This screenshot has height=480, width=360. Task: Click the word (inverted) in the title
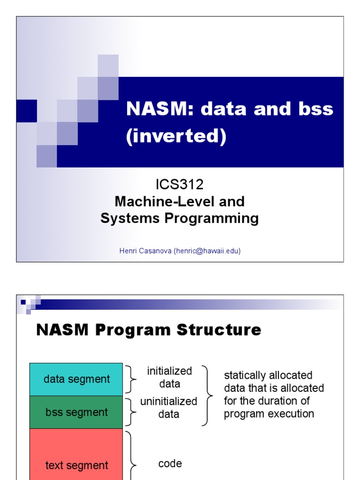[176, 136]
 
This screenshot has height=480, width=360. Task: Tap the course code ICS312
[180, 185]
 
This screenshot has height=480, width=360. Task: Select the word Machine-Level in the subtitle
[154, 202]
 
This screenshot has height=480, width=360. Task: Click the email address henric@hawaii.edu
[207, 251]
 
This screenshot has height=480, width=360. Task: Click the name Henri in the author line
[128, 251]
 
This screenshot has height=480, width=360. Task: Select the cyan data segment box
[76, 379]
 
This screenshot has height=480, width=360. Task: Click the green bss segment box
[76, 412]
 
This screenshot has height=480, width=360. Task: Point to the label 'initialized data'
[169, 377]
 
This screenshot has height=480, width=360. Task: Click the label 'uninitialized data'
[169, 408]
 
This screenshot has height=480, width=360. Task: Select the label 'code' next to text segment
[170, 464]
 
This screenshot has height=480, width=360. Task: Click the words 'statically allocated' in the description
[268, 375]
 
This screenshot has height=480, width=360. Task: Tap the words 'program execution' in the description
[269, 414]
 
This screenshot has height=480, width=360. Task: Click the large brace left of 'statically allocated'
[206, 396]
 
